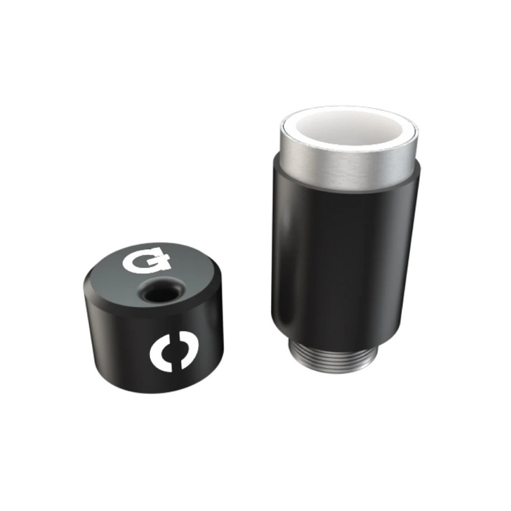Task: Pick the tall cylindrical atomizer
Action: [x=345, y=235]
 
